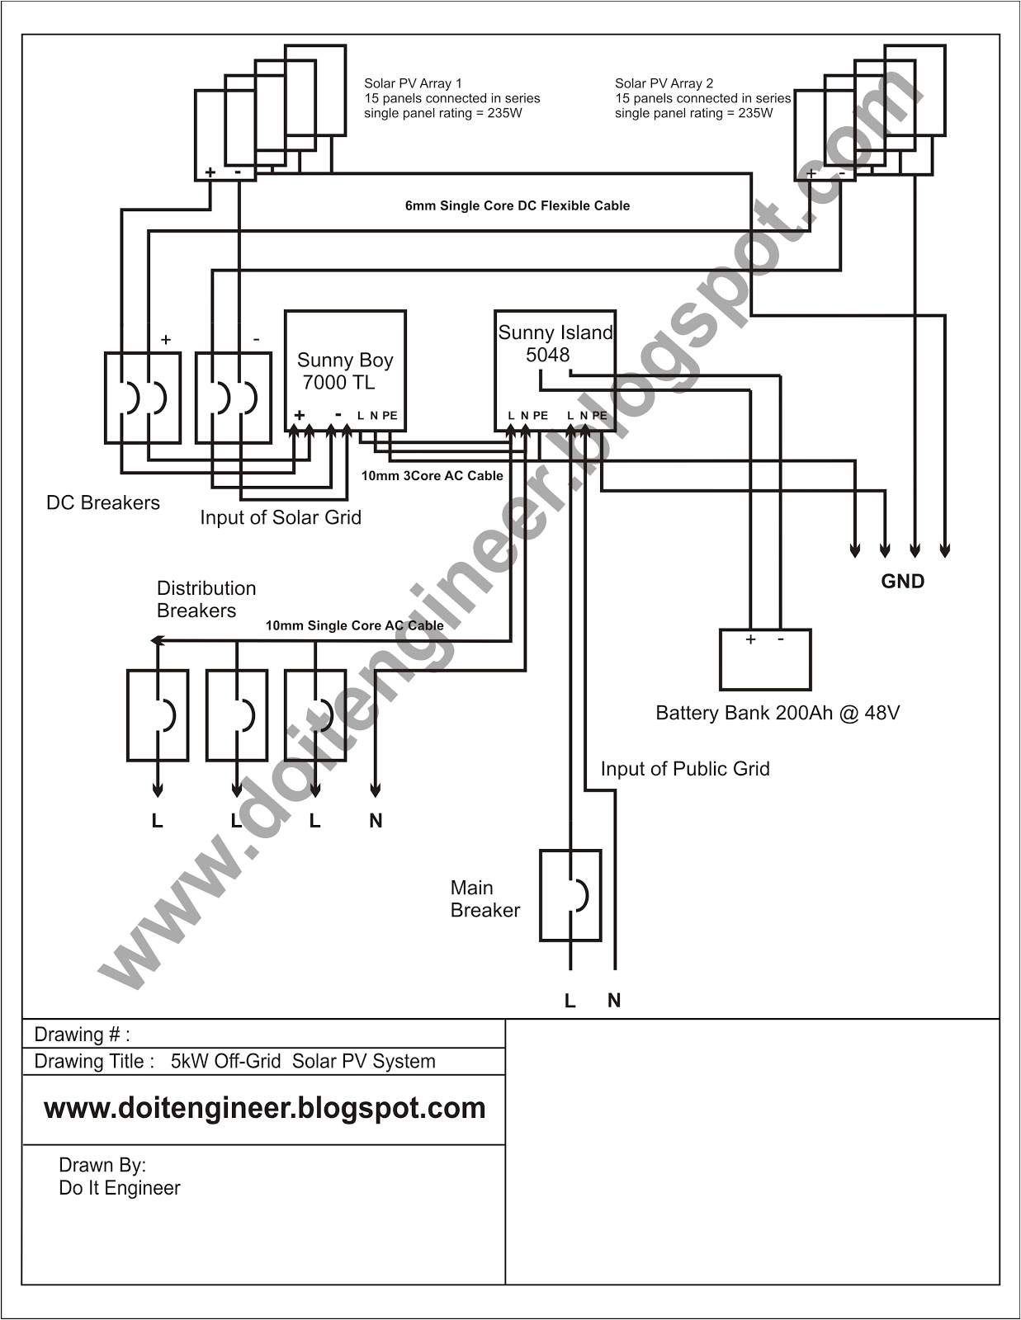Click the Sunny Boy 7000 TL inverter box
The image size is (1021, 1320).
coord(345,370)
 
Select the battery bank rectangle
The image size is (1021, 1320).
coord(765,660)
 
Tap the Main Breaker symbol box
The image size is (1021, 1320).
coord(570,895)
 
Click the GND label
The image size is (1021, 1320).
coord(902,582)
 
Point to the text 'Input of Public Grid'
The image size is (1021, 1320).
coord(684,769)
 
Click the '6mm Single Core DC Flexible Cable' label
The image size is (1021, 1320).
coord(517,206)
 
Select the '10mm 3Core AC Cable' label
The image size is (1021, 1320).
coord(432,476)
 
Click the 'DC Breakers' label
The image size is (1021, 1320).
coord(103,503)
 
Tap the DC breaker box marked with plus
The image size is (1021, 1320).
coord(143,398)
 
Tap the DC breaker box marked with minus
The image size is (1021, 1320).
coord(234,398)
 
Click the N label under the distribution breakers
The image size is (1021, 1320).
coord(376,821)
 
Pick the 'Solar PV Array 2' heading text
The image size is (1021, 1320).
coord(664,83)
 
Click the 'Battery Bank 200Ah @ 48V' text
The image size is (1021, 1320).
coord(777,713)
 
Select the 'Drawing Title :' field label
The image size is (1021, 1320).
coord(94,1062)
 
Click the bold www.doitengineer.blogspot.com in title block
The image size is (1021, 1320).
coord(264,1108)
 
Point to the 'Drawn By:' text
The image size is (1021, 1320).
coord(102,1165)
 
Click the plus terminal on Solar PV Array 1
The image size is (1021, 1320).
coord(210,172)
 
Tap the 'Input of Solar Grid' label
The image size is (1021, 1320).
coord(281,517)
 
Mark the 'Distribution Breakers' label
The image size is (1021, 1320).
coord(206,599)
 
